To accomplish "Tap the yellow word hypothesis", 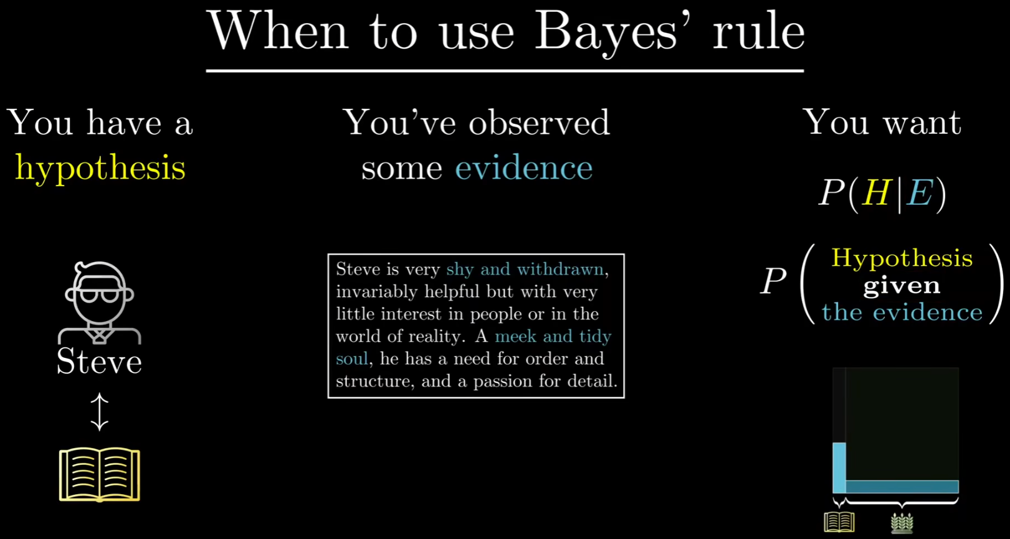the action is tap(100, 168).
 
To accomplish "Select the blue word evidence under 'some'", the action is tap(524, 167).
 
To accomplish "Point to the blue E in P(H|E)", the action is tap(920, 193).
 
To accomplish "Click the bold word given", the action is tap(902, 286).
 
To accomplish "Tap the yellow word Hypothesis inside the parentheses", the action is tap(902, 258).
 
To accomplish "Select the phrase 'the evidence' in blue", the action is tap(902, 312).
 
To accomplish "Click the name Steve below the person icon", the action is tap(99, 361).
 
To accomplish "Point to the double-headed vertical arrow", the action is tap(99, 411).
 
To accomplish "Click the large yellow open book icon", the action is tap(100, 474).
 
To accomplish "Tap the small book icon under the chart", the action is tap(839, 522).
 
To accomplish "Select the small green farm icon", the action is tap(902, 522).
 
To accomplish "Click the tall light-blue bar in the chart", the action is tap(839, 468).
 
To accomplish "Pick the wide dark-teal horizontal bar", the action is tap(902, 487).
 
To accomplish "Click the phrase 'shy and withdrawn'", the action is tap(525, 269).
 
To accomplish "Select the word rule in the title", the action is tap(758, 32).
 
